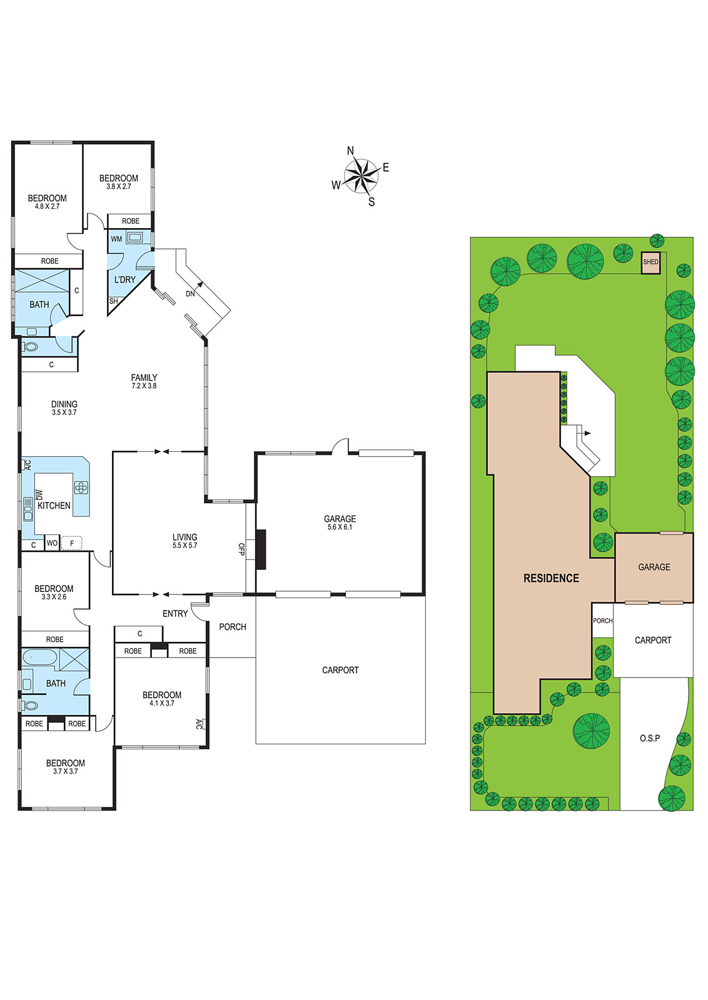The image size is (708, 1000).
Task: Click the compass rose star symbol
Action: pyautogui.click(x=361, y=176)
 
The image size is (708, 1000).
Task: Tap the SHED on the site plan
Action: pyautogui.click(x=650, y=262)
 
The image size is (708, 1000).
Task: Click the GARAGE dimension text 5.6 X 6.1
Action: pyautogui.click(x=340, y=527)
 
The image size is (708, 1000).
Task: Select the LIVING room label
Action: pyautogui.click(x=185, y=537)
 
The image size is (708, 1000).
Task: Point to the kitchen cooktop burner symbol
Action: pyautogui.click(x=81, y=487)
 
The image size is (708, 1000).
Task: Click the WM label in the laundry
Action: pyautogui.click(x=116, y=239)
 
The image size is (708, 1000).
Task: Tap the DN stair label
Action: pyautogui.click(x=190, y=294)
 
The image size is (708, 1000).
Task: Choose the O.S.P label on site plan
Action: pyautogui.click(x=649, y=738)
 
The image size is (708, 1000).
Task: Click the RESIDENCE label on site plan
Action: pyautogui.click(x=551, y=579)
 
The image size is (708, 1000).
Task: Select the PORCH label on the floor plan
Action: pyautogui.click(x=233, y=627)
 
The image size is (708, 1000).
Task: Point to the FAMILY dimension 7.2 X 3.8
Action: pyautogui.click(x=144, y=386)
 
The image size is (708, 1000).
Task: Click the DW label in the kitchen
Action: pyautogui.click(x=39, y=494)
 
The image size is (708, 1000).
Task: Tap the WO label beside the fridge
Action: pyautogui.click(x=52, y=543)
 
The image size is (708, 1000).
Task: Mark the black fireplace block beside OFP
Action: pyautogui.click(x=261, y=549)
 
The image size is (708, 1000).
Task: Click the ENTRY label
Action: pyautogui.click(x=175, y=614)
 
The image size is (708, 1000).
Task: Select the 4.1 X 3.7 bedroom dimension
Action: pyautogui.click(x=162, y=703)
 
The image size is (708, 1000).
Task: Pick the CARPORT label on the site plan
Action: pyautogui.click(x=653, y=640)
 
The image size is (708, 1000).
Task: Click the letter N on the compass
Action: pyautogui.click(x=351, y=151)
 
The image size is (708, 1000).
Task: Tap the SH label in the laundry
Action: pyautogui.click(x=113, y=301)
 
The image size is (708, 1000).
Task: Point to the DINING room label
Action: pyautogui.click(x=64, y=404)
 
